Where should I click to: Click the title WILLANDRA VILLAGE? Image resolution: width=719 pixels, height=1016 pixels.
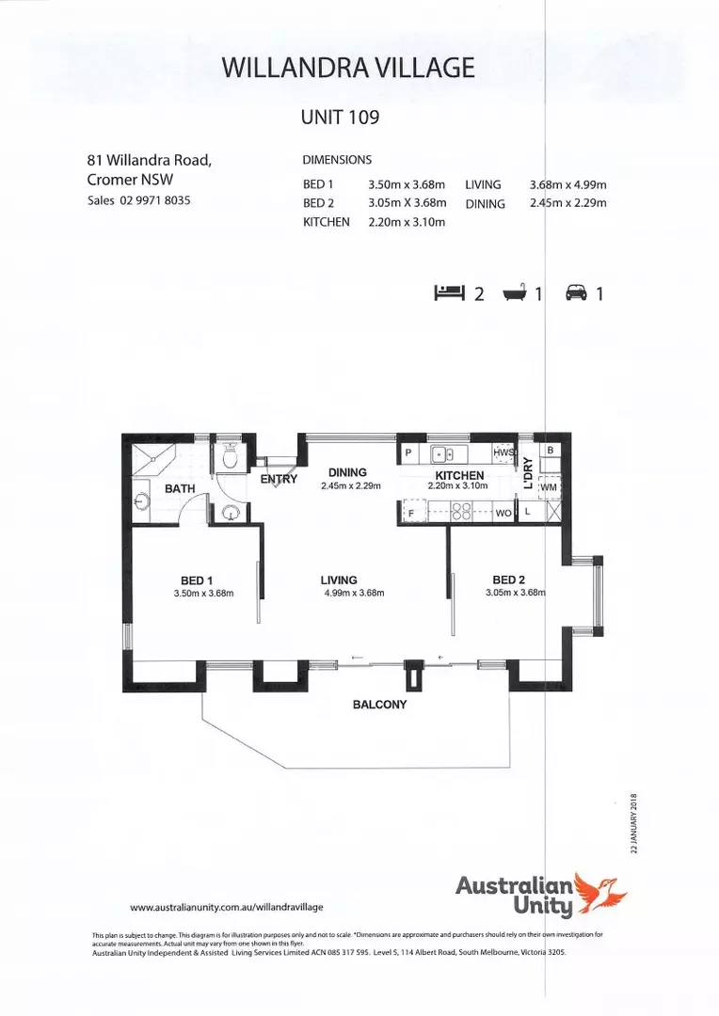click(347, 67)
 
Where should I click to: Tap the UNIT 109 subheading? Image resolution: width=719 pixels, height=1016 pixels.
click(339, 119)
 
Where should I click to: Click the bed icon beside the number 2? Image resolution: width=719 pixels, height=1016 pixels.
click(449, 293)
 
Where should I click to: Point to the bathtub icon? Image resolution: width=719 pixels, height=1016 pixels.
click(512, 293)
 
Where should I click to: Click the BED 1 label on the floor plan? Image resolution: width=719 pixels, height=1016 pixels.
click(198, 579)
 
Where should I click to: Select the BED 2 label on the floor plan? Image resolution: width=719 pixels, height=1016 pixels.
click(508, 579)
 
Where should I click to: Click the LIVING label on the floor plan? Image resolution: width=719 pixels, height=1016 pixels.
click(339, 579)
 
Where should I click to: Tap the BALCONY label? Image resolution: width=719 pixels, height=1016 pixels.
click(379, 704)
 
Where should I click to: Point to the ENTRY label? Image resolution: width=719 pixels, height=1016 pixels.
click(279, 479)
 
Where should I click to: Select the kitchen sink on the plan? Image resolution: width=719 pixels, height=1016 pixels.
click(442, 453)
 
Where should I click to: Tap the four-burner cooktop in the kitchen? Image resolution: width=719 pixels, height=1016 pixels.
click(461, 513)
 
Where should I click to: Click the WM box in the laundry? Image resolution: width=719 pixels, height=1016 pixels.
click(550, 486)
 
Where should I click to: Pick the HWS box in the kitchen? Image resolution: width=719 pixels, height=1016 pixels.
click(504, 452)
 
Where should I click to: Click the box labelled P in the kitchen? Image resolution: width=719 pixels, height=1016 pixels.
click(408, 452)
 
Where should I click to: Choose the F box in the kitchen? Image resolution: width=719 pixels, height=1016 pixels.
click(410, 513)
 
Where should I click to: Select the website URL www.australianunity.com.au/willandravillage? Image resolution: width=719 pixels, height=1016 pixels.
click(226, 907)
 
